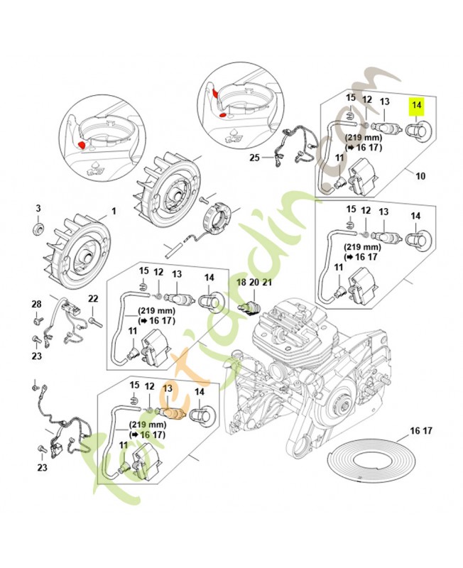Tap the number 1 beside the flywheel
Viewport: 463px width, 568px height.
tap(111, 212)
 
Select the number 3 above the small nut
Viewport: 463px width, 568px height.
tap(39, 208)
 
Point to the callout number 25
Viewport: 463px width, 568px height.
tap(254, 158)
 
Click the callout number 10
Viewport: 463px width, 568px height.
tap(420, 175)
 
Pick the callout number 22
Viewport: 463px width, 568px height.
tap(92, 299)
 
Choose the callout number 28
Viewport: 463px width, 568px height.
tap(36, 304)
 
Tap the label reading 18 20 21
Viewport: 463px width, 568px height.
tap(254, 282)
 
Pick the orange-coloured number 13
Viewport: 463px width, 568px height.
tap(168, 388)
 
